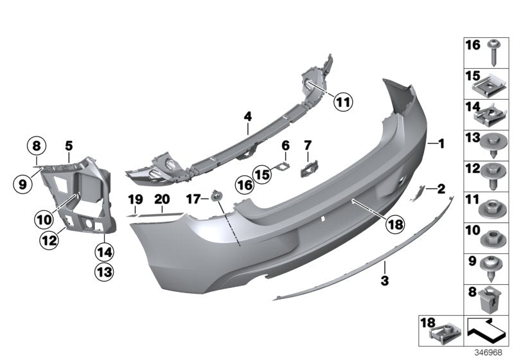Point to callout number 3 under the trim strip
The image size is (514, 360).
point(385,280)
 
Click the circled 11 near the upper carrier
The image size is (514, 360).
point(344,102)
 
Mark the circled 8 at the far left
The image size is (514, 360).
point(36,145)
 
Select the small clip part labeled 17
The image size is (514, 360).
point(217,194)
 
